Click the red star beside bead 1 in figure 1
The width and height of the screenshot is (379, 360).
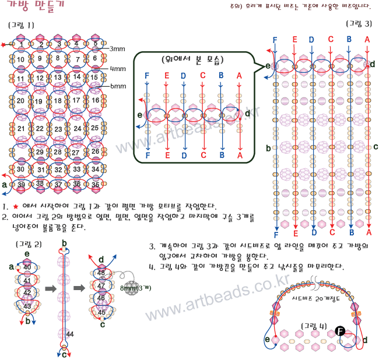(5, 44)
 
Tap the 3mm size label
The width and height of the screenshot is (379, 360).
(117, 49)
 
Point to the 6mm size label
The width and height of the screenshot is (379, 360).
(118, 86)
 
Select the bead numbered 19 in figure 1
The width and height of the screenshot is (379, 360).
(40, 101)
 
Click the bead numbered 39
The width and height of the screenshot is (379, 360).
(22, 185)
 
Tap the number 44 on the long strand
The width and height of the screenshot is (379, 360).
(70, 334)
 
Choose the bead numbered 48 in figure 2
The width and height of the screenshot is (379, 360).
(101, 273)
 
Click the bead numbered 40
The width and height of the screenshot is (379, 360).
(27, 267)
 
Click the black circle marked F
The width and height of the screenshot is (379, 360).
(341, 331)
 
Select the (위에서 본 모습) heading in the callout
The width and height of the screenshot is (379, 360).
(195, 59)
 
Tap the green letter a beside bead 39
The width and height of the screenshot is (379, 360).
(5, 185)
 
